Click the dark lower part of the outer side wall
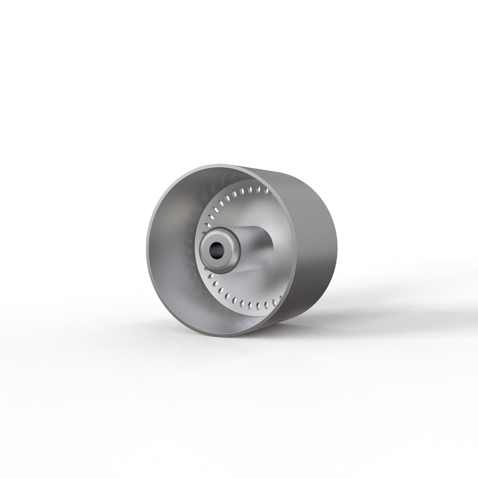(x=298, y=298)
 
